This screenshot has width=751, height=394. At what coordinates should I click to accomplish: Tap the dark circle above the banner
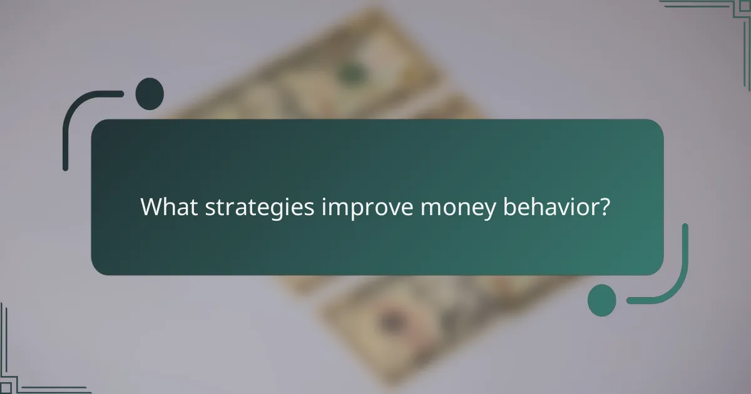pos(150,94)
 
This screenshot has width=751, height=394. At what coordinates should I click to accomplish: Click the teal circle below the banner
pos(601,300)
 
